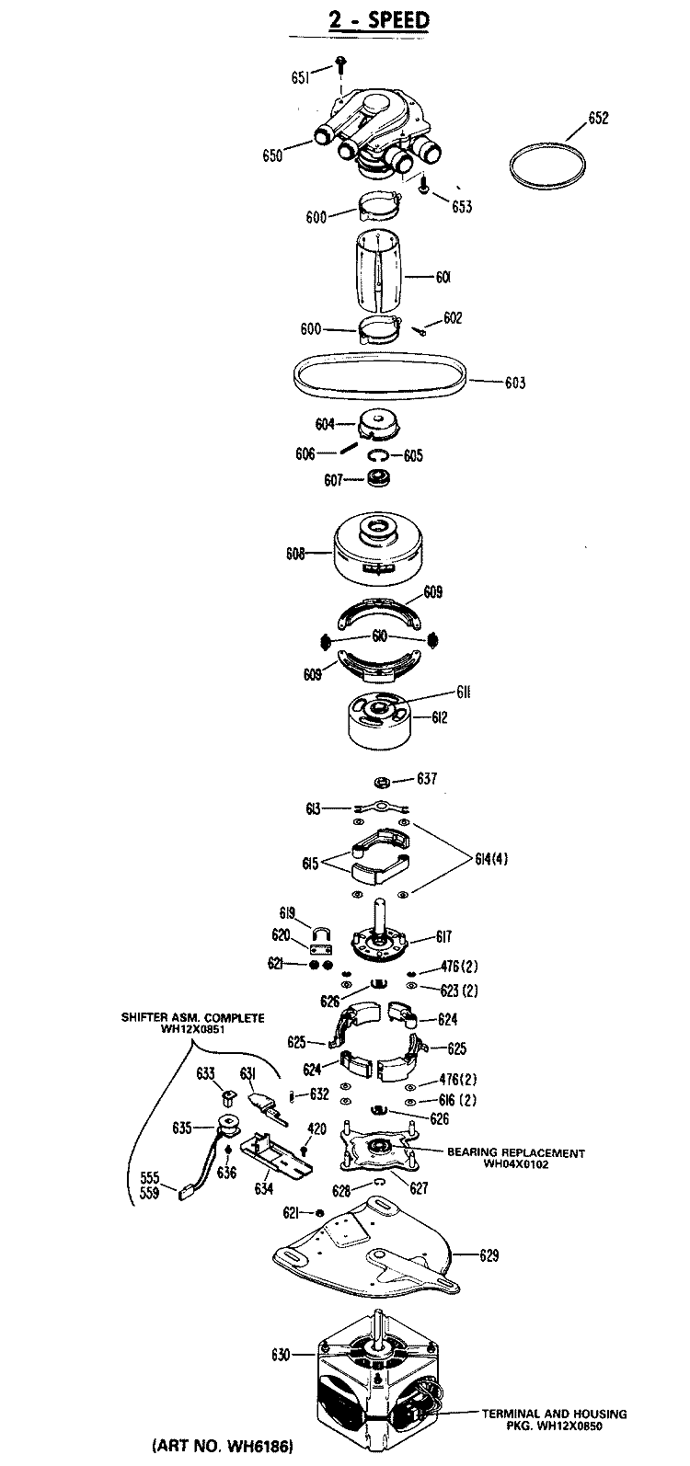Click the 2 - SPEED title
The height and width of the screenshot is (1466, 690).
378,19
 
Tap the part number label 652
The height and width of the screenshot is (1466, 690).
598,118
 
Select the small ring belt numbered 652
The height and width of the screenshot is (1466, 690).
547,168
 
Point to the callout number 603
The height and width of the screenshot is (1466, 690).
515,383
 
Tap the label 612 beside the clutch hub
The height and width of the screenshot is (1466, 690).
439,717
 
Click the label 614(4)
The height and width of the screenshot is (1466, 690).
491,859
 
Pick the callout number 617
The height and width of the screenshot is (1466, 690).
443,936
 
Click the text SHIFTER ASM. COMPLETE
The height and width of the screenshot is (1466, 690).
192,1018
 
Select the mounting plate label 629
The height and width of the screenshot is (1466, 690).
489,1255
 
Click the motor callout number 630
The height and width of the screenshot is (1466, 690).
281,1354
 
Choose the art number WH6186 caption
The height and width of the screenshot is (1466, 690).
223,1445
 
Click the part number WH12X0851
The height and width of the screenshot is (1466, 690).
193,1029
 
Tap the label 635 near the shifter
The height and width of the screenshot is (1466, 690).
182,1128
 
